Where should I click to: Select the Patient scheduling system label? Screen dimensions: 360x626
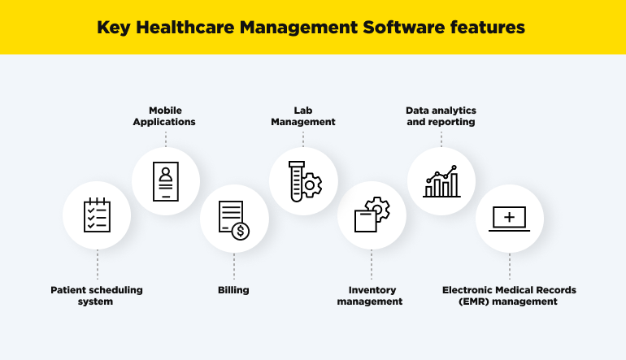point(97,295)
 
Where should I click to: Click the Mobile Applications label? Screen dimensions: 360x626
point(166,115)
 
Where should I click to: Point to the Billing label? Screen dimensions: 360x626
point(233,289)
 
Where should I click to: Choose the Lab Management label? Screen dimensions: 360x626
point(302,115)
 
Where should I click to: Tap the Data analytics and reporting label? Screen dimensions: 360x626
point(441,115)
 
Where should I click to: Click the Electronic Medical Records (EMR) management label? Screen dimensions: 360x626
point(509,295)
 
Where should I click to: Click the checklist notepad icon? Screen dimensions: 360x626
point(97,214)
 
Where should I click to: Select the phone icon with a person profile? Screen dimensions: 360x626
point(166,181)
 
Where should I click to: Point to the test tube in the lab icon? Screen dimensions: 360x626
point(296,180)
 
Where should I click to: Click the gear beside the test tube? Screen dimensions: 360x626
point(312,185)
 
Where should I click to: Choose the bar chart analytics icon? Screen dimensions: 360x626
point(441,181)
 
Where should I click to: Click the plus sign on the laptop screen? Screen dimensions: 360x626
point(509,216)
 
